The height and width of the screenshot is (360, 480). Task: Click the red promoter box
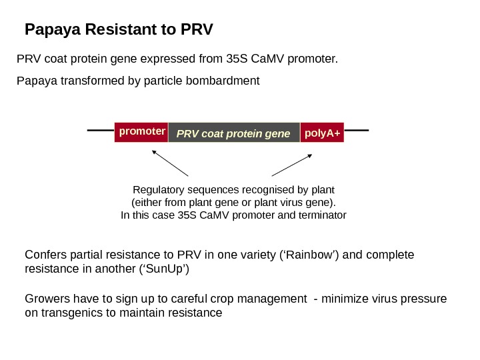(x=141, y=132)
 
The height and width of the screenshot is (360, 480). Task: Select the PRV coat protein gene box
(x=234, y=133)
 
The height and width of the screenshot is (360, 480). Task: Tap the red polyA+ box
(x=322, y=133)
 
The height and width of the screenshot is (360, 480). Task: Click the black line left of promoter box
(x=101, y=131)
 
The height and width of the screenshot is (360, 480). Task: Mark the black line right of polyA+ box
(x=357, y=131)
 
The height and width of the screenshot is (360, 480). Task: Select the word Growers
(x=45, y=298)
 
